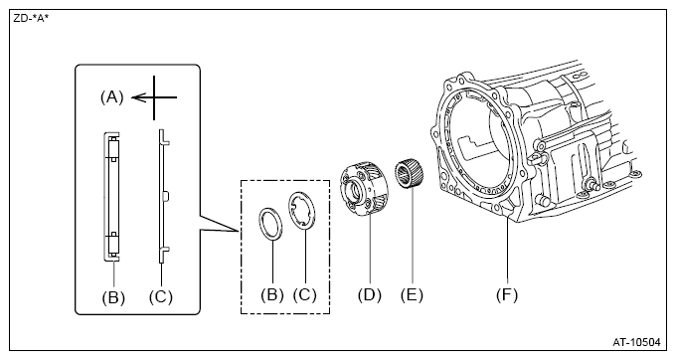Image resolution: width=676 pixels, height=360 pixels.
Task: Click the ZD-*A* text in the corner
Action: point(31,19)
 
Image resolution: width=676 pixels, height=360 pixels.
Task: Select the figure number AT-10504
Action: point(636,342)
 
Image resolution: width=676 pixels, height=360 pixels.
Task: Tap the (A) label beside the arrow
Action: point(111,97)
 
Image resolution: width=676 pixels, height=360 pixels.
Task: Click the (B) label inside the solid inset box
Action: point(113,297)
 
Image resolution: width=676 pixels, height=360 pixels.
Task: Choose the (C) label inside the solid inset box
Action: point(161,296)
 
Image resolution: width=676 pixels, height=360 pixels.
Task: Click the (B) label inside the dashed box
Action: point(272,294)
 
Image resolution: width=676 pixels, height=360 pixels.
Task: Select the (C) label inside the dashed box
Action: point(305,294)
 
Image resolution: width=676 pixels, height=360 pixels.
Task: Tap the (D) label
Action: point(370,295)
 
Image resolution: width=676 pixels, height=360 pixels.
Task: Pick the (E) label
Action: point(412,295)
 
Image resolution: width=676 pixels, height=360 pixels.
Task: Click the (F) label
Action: point(507,295)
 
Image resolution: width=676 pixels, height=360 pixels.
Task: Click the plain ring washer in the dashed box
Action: point(259,221)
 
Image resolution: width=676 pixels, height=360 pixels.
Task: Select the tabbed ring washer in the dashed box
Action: point(291,207)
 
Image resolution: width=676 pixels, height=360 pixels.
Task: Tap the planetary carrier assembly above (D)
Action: point(364,188)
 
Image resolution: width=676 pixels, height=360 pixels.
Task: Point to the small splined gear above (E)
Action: point(409,175)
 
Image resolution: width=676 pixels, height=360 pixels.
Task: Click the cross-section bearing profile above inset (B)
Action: point(111,196)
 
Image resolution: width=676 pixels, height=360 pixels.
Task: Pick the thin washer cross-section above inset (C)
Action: point(162,196)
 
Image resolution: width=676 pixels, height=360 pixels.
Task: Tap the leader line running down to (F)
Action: point(507,249)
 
